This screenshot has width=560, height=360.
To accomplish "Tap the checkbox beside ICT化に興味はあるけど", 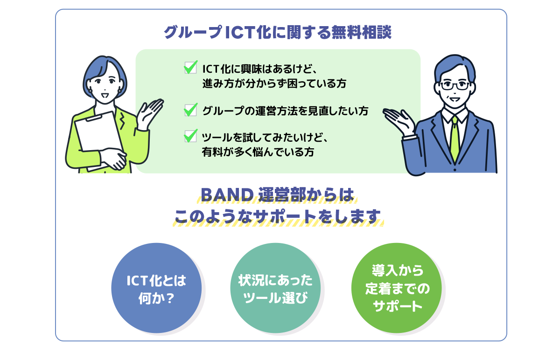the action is (190, 68).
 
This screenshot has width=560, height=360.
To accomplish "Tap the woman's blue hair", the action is (100, 65).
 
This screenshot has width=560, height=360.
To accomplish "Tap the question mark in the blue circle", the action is (169, 297).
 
